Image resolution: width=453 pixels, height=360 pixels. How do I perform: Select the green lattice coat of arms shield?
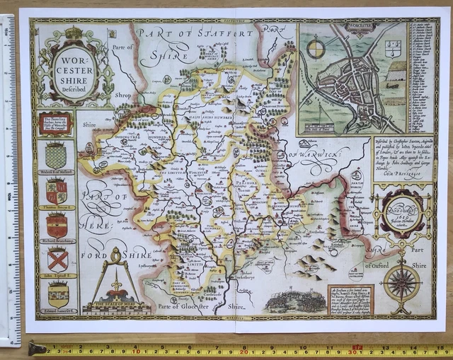(x=56, y=154)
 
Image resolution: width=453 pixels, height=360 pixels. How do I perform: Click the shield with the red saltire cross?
(x=57, y=259)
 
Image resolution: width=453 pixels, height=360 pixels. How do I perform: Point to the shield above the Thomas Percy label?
(x=57, y=190)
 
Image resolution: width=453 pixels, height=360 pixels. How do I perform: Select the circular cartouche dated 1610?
(x=401, y=212)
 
